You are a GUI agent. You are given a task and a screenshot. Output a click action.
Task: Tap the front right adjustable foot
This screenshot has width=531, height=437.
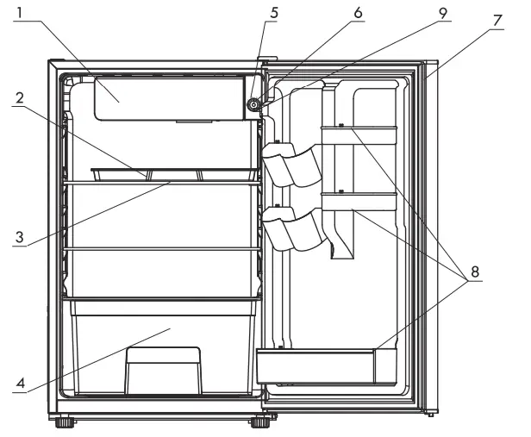coord(257,423)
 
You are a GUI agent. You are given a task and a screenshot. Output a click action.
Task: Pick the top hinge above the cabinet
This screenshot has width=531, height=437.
coord(265,63)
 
